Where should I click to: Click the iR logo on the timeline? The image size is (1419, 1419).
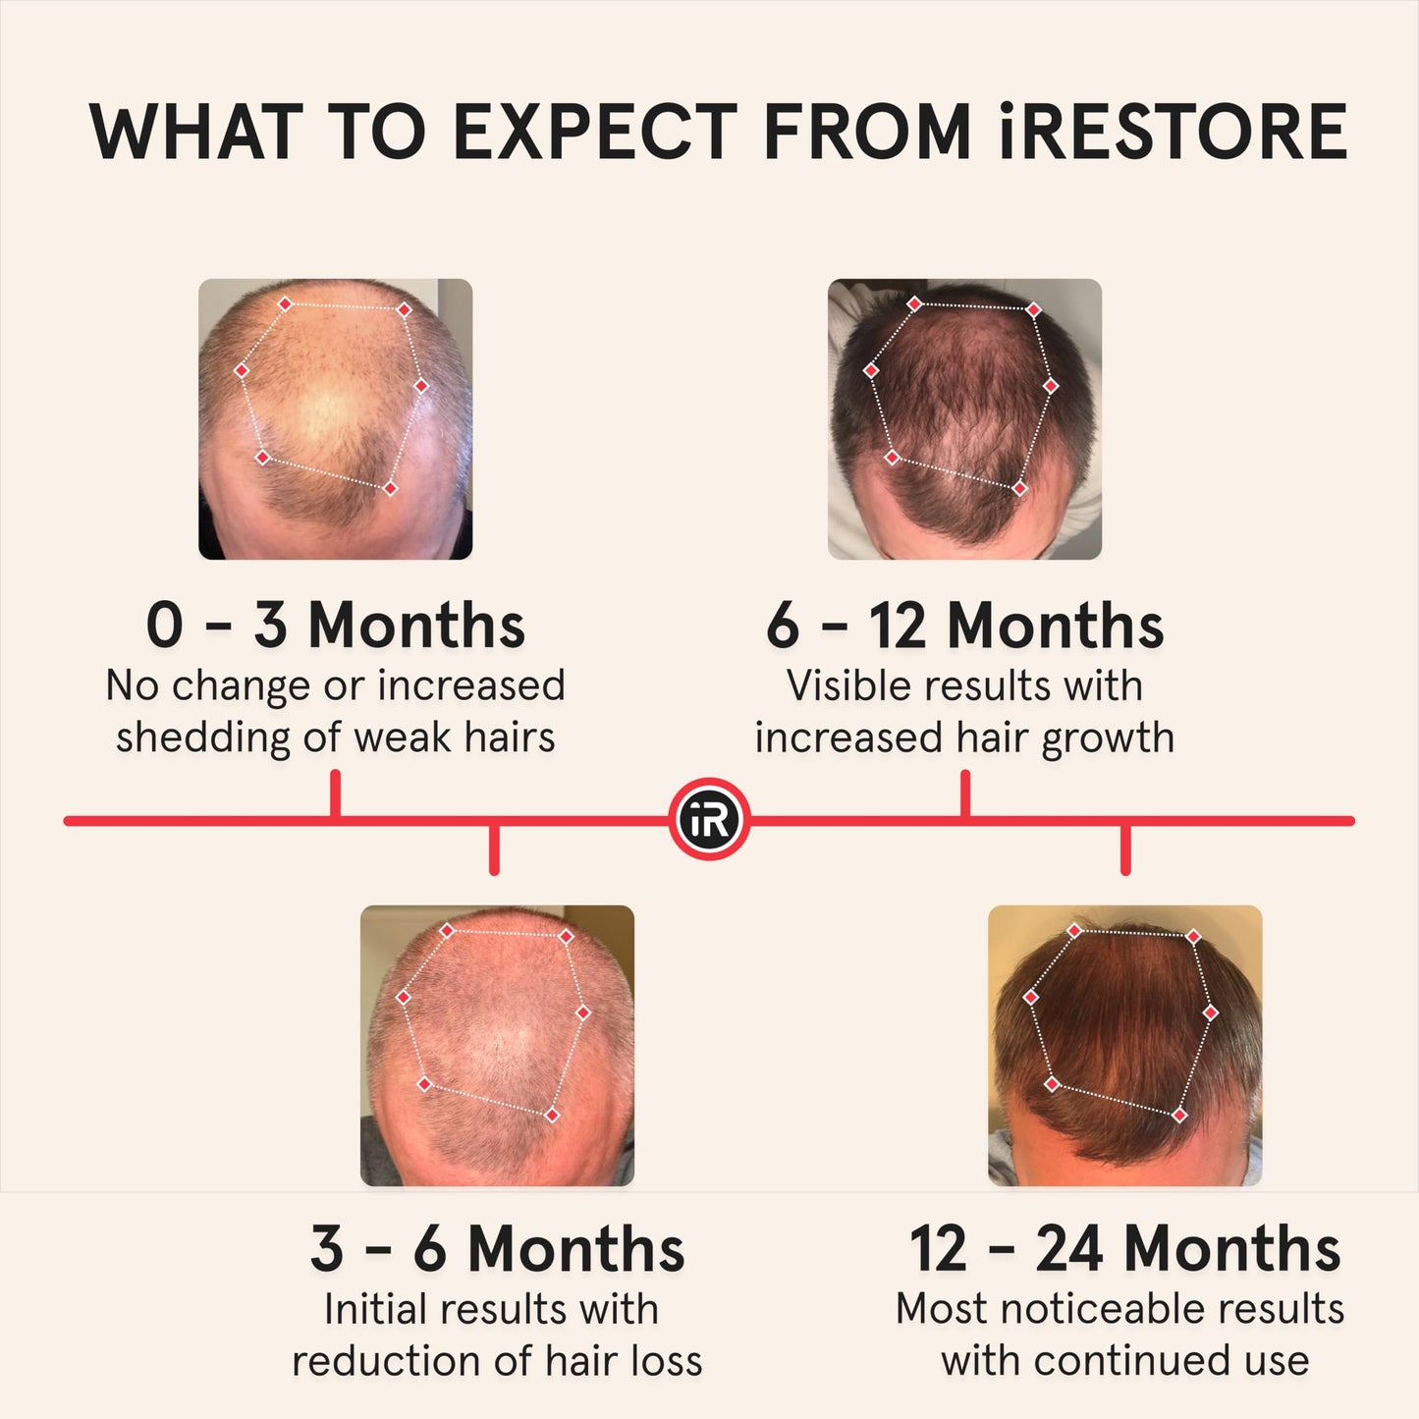click(709, 820)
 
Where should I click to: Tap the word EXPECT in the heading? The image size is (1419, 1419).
click(595, 133)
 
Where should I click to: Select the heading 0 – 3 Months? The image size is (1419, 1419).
click(335, 626)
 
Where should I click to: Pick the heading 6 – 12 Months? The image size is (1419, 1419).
click(964, 626)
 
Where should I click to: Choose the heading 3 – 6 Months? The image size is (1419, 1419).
click(497, 1249)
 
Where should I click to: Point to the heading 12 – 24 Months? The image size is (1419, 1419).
click(1124, 1249)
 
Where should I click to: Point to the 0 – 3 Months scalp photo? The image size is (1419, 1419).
click(335, 419)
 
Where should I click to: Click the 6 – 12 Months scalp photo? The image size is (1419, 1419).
click(964, 419)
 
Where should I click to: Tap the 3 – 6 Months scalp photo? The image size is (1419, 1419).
click(497, 1045)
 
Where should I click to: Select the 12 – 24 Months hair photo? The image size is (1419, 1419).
click(1124, 1045)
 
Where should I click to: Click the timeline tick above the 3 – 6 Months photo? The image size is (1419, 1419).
click(494, 848)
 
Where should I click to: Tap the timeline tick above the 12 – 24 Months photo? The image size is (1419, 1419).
click(1125, 848)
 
